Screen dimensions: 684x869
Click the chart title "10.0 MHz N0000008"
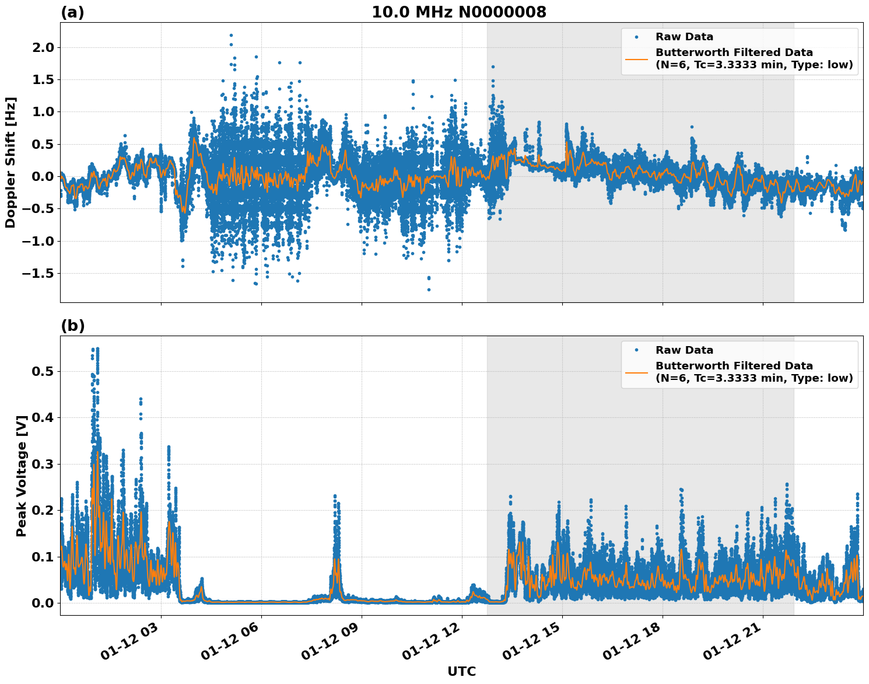point(459,12)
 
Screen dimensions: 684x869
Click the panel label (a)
point(72,12)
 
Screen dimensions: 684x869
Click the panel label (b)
point(72,326)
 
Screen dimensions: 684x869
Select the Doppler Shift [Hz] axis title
point(10,162)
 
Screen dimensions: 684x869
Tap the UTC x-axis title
point(461,671)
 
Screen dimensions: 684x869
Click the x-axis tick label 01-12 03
point(131,641)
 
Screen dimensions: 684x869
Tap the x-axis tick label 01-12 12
point(432,641)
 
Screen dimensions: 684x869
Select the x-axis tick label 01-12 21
point(733,641)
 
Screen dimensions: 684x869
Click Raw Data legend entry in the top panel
point(684,37)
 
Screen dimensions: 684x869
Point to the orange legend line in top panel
point(636,59)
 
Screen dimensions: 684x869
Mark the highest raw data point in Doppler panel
point(231,35)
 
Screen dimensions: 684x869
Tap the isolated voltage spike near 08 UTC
point(335,497)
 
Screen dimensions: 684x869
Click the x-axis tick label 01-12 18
point(633,641)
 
